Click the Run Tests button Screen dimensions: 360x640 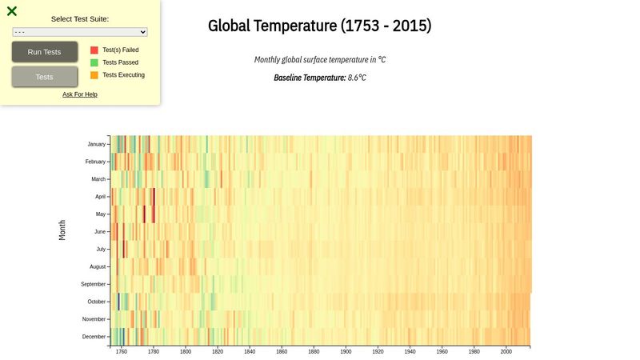[45, 52]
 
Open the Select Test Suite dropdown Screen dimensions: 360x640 [80, 32]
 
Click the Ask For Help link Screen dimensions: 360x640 [80, 94]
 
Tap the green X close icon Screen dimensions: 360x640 [12, 11]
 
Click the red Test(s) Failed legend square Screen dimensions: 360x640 [94, 50]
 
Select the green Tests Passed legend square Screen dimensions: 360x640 [94, 62]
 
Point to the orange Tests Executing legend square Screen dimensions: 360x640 [94, 75]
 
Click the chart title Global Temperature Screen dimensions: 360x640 [319, 26]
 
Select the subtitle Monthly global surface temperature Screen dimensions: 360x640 [319, 60]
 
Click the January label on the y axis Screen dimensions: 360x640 [96, 145]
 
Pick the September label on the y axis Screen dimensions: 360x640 [93, 284]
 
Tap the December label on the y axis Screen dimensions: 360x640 [94, 337]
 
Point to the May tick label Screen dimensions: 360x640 [100, 214]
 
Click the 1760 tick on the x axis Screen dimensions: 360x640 [122, 352]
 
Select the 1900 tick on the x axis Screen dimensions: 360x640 [346, 352]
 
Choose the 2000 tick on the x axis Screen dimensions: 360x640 [506, 352]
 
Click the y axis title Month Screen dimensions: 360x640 [62, 230]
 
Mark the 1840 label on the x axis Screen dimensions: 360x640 [250, 352]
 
